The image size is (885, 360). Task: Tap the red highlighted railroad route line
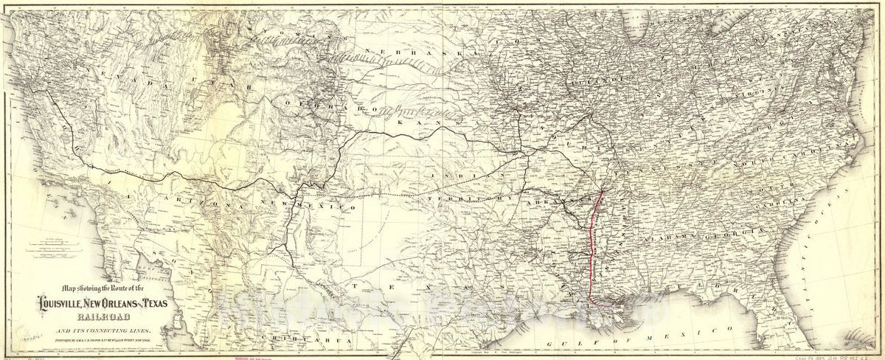pyautogui.click(x=589, y=251)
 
